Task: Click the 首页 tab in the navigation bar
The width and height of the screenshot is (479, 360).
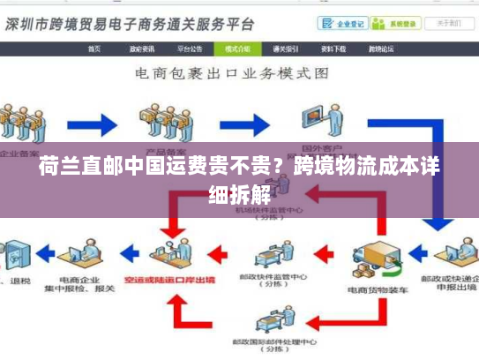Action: click(x=94, y=49)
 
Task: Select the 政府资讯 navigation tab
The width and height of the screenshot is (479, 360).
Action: click(x=142, y=49)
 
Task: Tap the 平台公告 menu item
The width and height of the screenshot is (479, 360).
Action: click(x=189, y=49)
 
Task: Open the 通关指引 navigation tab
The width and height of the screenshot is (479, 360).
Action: click(x=286, y=49)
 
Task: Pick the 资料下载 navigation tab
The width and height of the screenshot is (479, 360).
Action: click(x=333, y=49)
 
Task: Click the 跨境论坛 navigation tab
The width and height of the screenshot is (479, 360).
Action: click(x=380, y=49)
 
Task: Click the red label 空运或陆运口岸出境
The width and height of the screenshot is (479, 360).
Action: click(x=183, y=281)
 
